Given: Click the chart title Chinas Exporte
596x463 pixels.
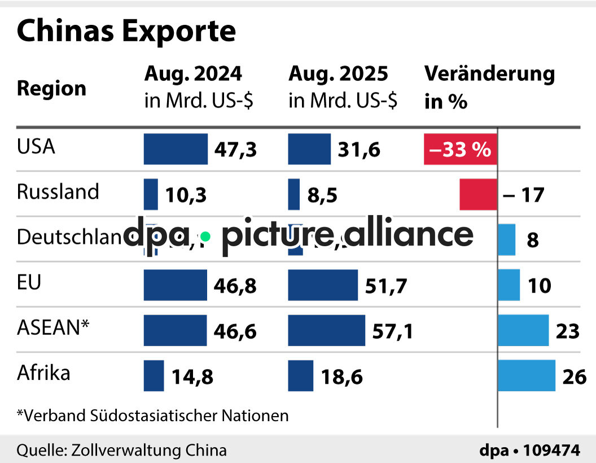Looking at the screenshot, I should coord(126,32).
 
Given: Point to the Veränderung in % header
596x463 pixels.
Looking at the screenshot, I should coord(489,87).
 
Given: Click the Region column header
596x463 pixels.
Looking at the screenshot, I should coord(51,89).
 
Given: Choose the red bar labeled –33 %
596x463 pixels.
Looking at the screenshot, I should coord(460,150).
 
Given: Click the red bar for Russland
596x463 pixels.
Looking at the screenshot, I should coord(478,194).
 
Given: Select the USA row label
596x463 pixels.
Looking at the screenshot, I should coord(36,147).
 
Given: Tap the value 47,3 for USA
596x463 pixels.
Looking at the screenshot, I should coord(236,150).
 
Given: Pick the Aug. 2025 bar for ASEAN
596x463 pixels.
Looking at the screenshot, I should coord(326,330).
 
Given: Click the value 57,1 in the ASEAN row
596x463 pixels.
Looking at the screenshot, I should coord(393,331).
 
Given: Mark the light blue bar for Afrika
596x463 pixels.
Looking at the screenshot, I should coord(526,375).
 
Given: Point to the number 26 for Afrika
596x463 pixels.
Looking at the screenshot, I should coord(575,377).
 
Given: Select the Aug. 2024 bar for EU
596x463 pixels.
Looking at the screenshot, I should coord(175,285).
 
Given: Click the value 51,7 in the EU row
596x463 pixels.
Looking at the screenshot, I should coord(386,286).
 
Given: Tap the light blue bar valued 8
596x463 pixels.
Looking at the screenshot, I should coord(506,239).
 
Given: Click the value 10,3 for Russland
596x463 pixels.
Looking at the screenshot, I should coord(186,195).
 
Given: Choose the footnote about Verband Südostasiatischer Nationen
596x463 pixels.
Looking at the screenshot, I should coord(152,416).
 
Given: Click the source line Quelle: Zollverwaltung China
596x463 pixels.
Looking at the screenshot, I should coord(121,450).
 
